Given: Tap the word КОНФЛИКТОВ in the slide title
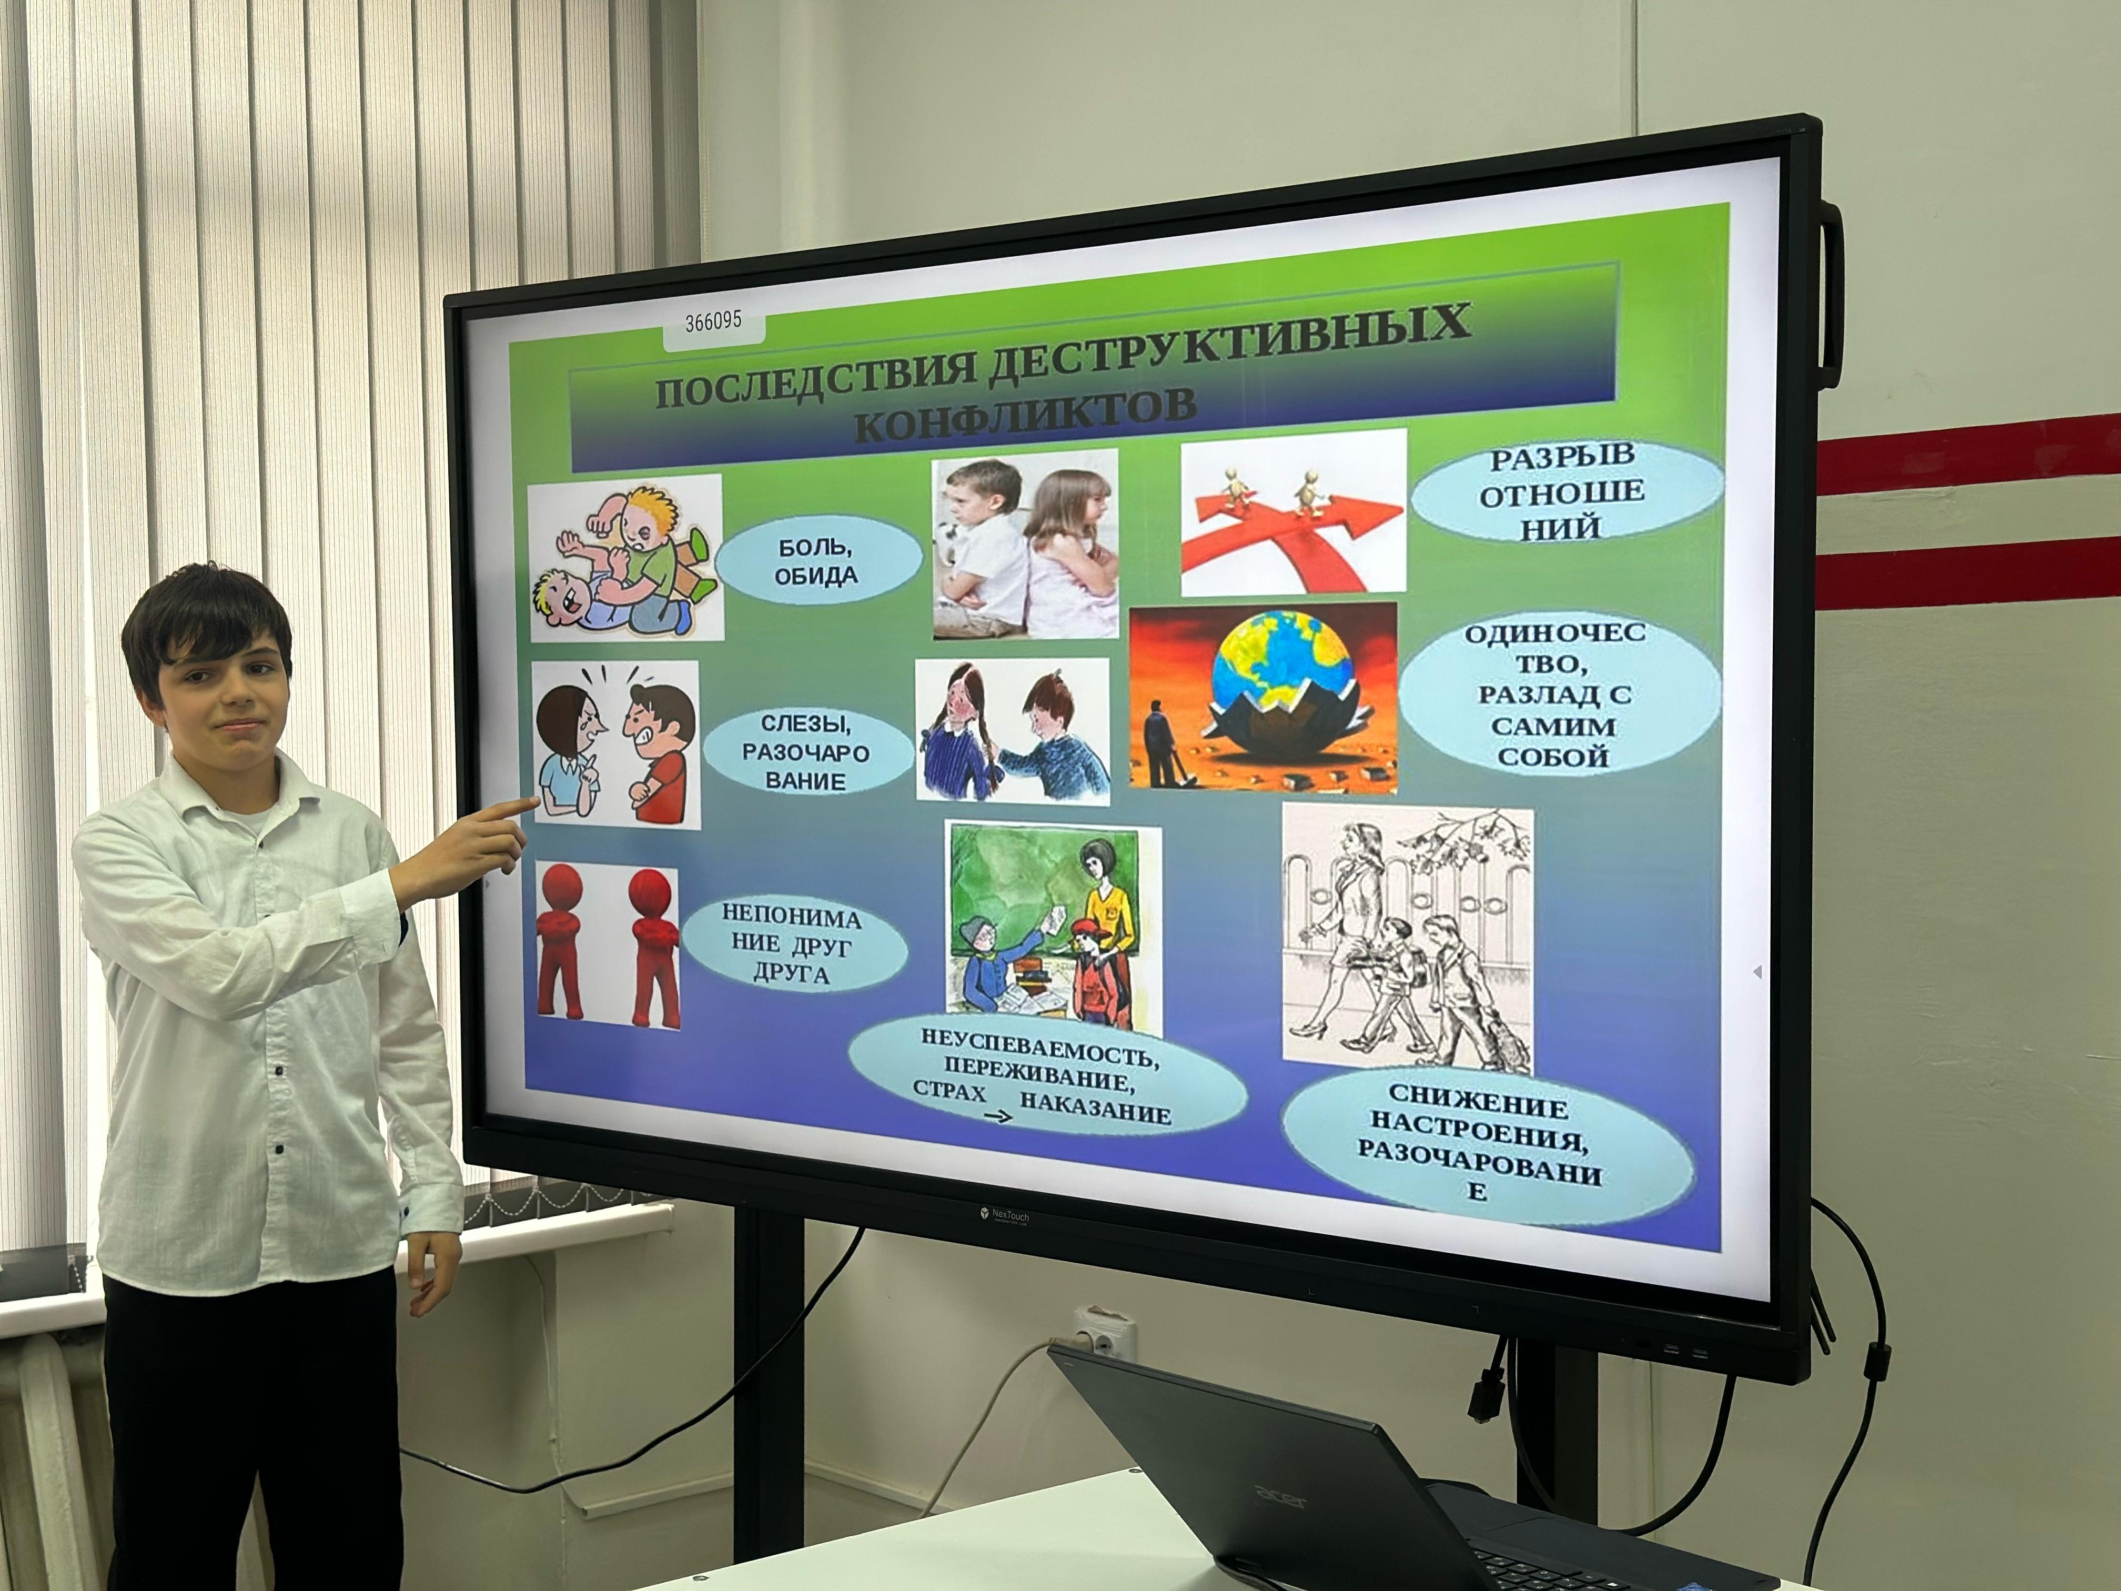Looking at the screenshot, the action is (x=1025, y=412).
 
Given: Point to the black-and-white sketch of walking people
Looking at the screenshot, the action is (x=1407, y=940).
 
